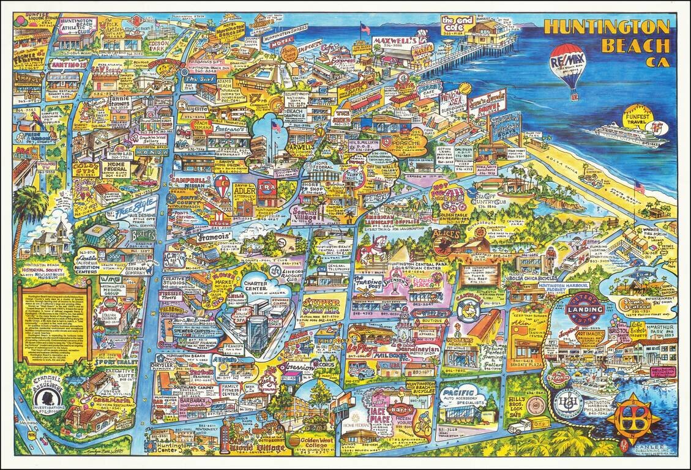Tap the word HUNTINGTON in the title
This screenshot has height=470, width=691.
[x=607, y=28]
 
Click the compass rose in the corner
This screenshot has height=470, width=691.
[x=640, y=420]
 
